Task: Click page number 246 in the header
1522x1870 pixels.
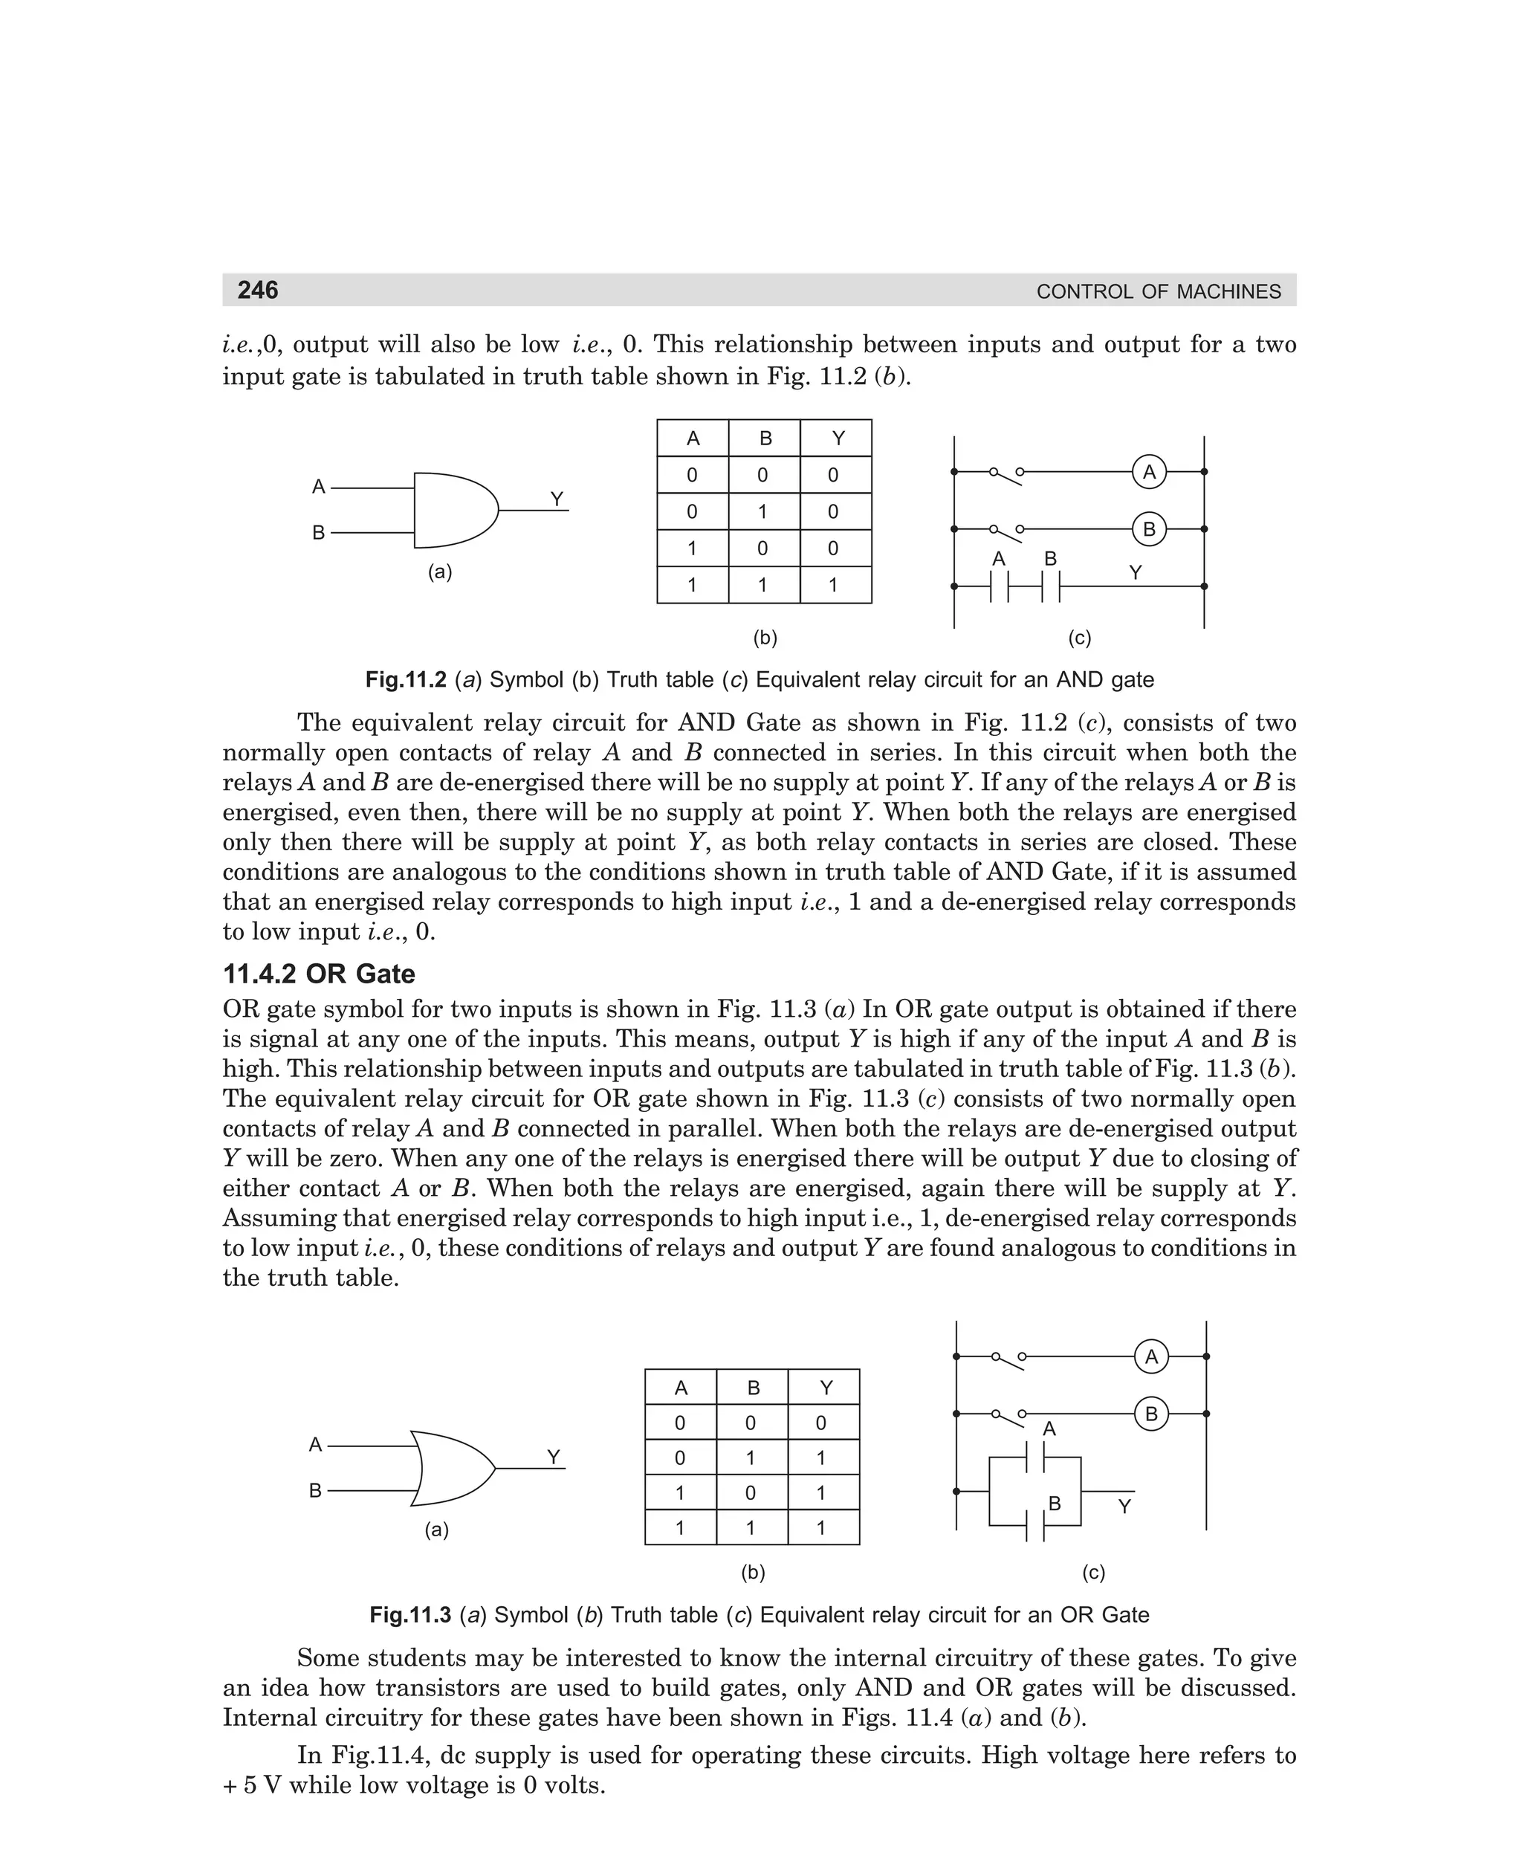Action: click(x=258, y=290)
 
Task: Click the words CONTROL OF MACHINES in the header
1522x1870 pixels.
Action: click(x=1157, y=292)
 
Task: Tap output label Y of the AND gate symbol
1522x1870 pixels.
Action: click(x=557, y=498)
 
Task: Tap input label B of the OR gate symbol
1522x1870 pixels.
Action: click(x=316, y=1490)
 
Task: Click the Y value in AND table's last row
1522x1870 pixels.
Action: click(x=833, y=585)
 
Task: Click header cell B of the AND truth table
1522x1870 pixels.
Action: click(x=765, y=439)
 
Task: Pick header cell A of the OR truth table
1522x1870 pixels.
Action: click(x=680, y=1388)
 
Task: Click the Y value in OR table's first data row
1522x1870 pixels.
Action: click(x=821, y=1423)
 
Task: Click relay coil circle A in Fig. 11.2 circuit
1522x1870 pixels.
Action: click(x=1148, y=472)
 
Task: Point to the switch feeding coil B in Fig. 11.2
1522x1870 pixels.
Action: click(x=1006, y=529)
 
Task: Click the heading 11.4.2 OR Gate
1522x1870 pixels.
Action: click(x=318, y=974)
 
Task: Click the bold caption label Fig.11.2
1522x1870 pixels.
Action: click(x=406, y=679)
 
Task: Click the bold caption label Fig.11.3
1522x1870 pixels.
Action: click(x=410, y=1615)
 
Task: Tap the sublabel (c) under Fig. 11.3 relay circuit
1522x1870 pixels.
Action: click(x=1093, y=1572)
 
